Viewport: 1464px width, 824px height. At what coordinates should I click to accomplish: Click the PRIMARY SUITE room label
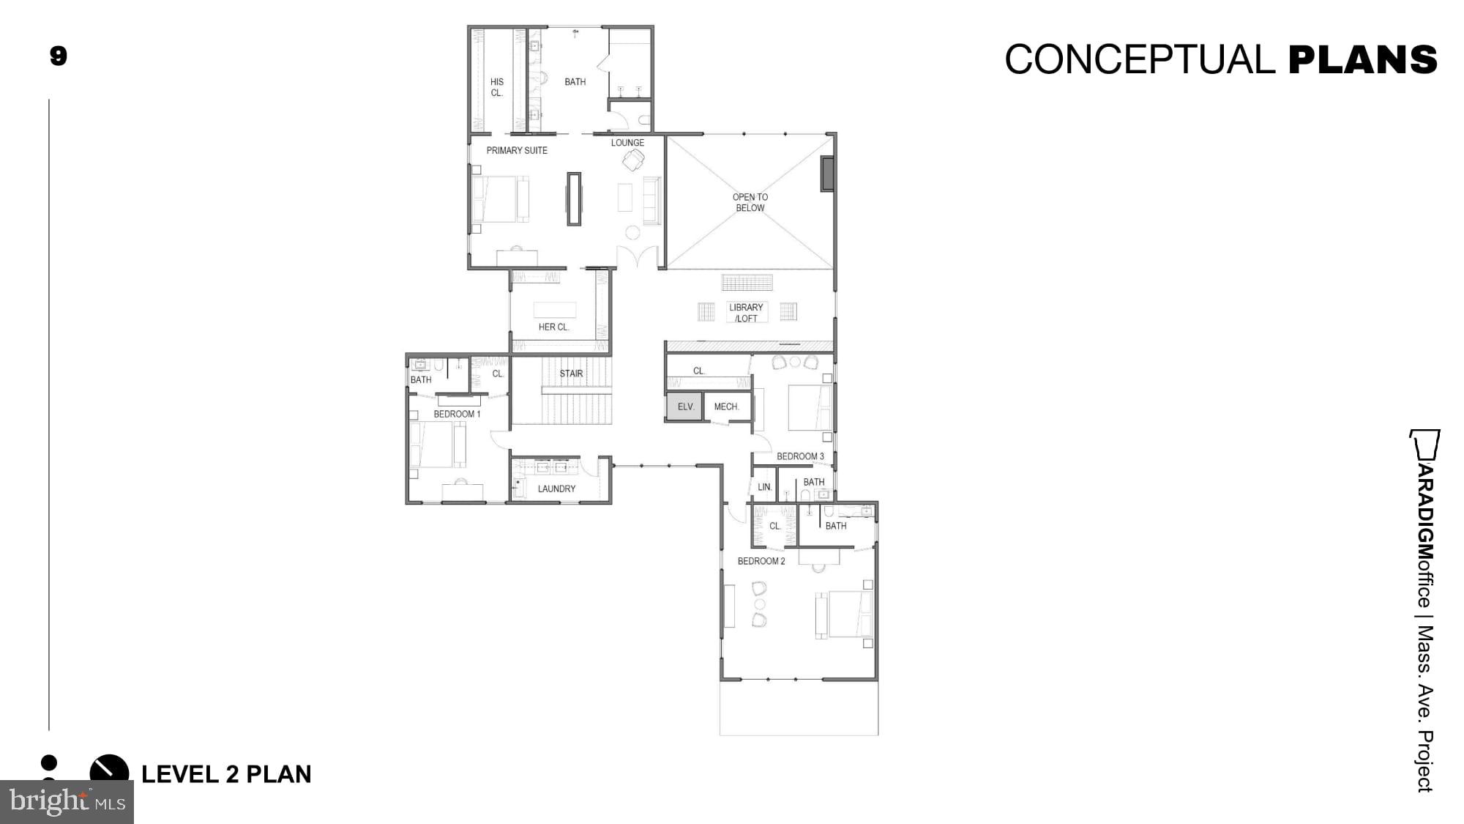point(517,150)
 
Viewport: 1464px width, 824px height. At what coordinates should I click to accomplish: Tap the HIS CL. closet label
point(497,87)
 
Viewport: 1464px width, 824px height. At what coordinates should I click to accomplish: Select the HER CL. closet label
point(553,327)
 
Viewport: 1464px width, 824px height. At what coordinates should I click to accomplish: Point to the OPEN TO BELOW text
point(750,202)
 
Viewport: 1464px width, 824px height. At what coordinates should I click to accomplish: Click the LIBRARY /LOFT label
point(746,313)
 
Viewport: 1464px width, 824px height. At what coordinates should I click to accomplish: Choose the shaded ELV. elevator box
point(685,407)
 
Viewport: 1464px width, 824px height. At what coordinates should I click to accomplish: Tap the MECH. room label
point(726,407)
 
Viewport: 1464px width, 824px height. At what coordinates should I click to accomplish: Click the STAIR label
point(571,374)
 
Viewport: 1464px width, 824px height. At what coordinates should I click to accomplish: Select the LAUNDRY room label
point(556,489)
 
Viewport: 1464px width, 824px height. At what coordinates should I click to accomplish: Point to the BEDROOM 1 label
point(457,414)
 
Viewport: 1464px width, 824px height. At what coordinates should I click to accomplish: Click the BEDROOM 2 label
point(761,561)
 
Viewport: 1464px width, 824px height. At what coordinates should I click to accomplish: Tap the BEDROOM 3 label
point(800,456)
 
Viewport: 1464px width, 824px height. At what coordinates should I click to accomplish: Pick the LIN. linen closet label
point(764,487)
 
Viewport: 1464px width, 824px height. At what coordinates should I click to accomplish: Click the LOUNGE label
point(627,143)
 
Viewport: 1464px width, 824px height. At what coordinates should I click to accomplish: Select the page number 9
point(59,56)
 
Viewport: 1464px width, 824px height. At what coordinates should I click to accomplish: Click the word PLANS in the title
point(1362,59)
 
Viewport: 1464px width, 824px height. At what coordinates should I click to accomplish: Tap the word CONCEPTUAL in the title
point(1140,59)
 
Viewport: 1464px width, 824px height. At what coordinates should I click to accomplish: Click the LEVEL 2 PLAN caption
point(226,774)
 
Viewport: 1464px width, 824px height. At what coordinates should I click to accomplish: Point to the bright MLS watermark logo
point(67,801)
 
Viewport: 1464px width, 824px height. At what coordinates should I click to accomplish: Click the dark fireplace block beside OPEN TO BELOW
point(827,174)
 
